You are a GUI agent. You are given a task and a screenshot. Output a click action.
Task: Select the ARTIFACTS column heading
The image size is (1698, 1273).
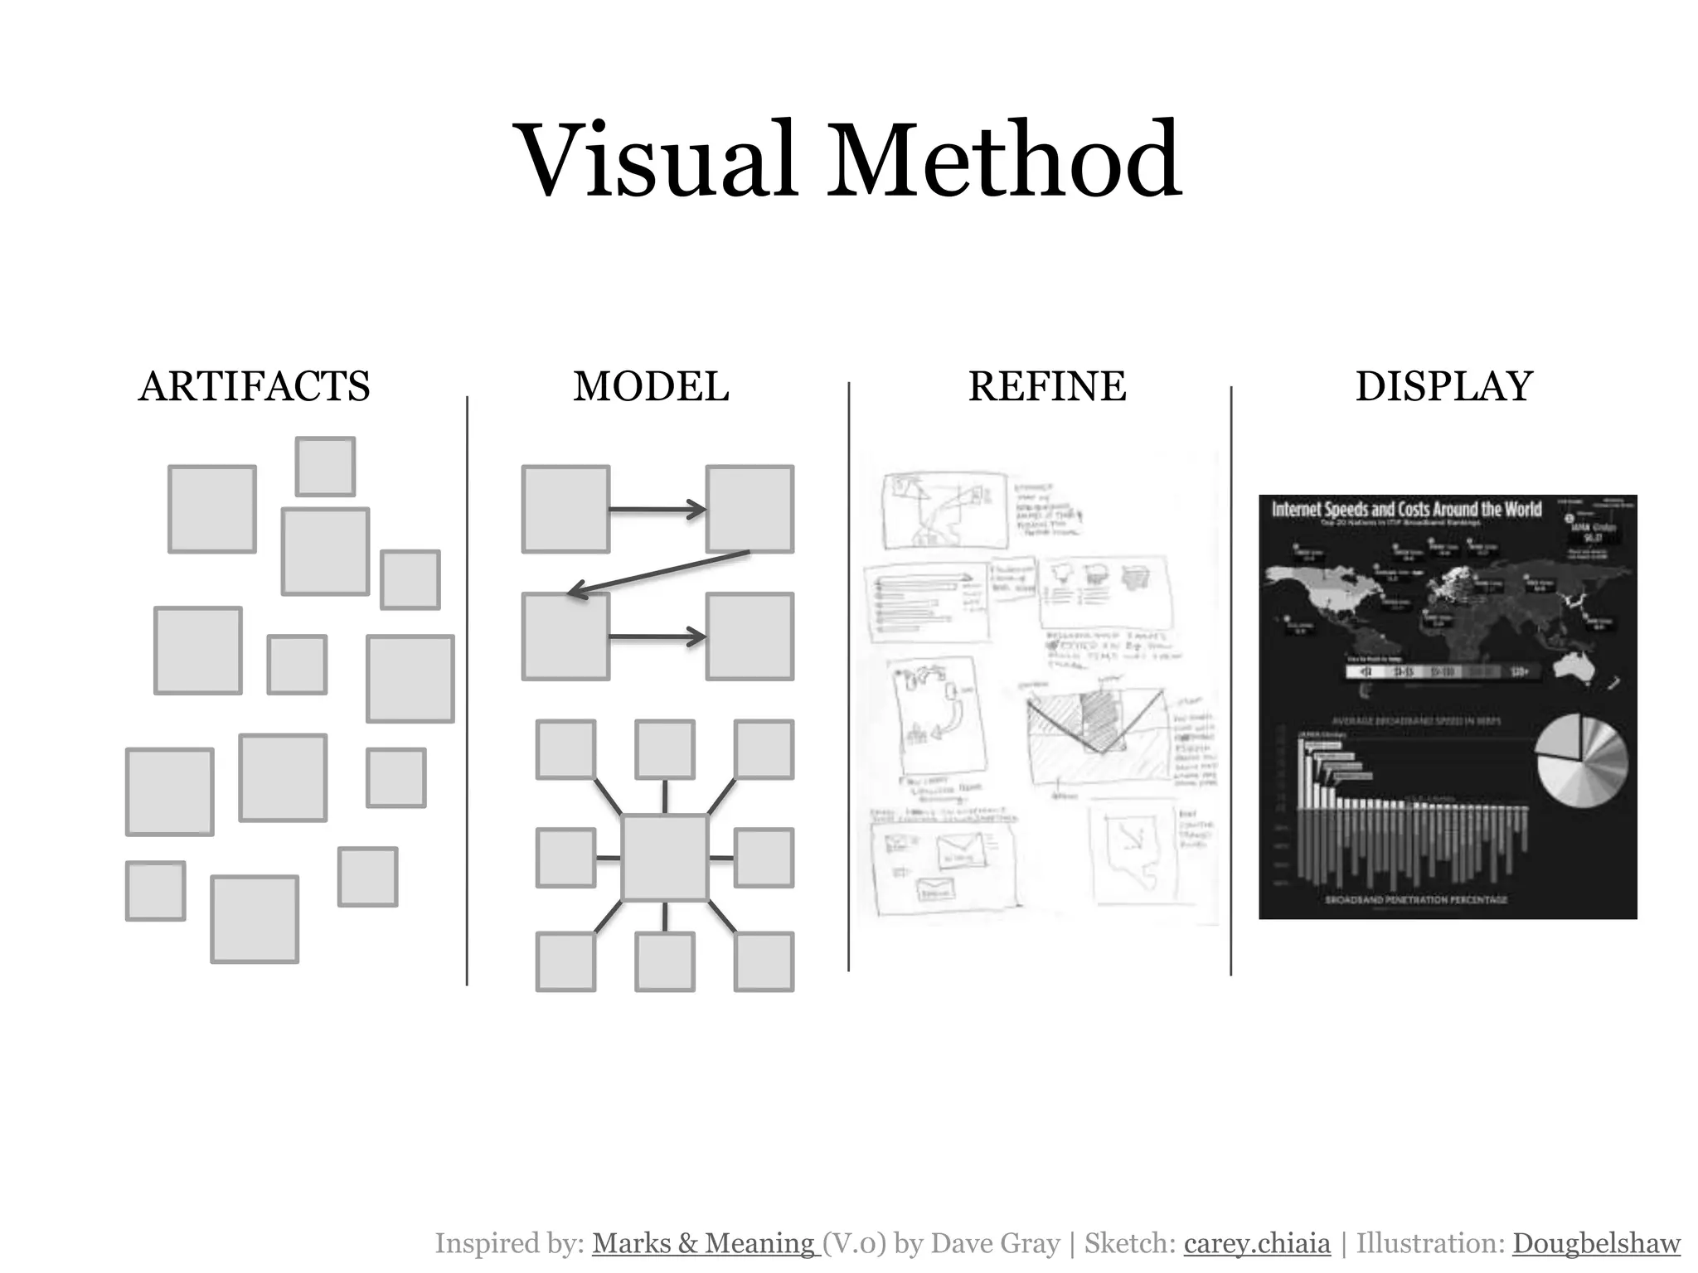pos(254,386)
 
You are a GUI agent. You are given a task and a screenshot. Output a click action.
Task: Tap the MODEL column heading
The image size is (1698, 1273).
pos(651,386)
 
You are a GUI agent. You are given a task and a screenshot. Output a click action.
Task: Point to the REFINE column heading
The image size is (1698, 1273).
pos(1047,386)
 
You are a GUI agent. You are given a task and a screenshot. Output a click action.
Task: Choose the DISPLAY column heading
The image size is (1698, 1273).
pos(1443,386)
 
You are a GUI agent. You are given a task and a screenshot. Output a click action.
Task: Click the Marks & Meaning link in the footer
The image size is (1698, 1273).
pos(705,1243)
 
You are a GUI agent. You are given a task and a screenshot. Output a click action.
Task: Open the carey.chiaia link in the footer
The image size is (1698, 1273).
pos(1257,1243)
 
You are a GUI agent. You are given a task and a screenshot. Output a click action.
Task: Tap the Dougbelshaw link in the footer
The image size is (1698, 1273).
pos(1596,1243)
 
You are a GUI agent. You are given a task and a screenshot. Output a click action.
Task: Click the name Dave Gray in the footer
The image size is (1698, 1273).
pos(995,1243)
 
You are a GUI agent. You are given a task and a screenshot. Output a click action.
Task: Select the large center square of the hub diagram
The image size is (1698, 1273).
pos(665,858)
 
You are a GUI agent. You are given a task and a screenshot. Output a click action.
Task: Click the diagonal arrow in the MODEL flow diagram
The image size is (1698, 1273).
pos(659,573)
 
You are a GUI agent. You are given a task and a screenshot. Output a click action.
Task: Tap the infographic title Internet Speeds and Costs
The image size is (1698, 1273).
pos(1406,509)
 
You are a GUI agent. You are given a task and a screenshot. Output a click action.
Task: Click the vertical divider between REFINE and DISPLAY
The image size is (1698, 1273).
pos(1230,680)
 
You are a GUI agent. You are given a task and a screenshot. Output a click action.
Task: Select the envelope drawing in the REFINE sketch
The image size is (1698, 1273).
pos(958,849)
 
